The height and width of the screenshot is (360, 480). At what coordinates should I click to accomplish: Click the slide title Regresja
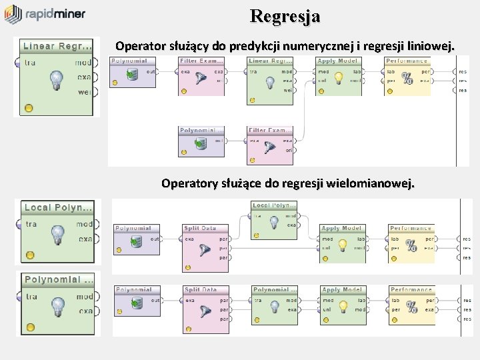point(285,15)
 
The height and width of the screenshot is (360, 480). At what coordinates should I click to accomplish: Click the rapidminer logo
point(45,14)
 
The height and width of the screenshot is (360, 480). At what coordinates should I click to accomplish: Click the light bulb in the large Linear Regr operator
point(57,81)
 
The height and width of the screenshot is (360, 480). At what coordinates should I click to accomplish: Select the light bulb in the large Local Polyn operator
point(58,234)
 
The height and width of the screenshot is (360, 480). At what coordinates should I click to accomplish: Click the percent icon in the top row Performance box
point(409,79)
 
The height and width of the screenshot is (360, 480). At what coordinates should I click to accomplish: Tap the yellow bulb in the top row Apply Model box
point(339,78)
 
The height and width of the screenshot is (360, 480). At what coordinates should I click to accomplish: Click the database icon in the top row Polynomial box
point(132,74)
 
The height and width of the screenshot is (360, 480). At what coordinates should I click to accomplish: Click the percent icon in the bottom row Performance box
point(412,307)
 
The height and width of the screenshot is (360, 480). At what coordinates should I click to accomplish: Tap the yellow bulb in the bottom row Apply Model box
point(343,307)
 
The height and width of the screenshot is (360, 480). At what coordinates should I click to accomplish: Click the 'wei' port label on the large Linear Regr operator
point(84,92)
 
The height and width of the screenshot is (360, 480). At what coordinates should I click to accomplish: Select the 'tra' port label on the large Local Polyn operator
point(31,224)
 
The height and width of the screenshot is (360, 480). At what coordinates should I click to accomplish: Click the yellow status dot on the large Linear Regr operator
point(29,107)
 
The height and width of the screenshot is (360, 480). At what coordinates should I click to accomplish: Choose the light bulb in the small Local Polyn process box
point(274,223)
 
